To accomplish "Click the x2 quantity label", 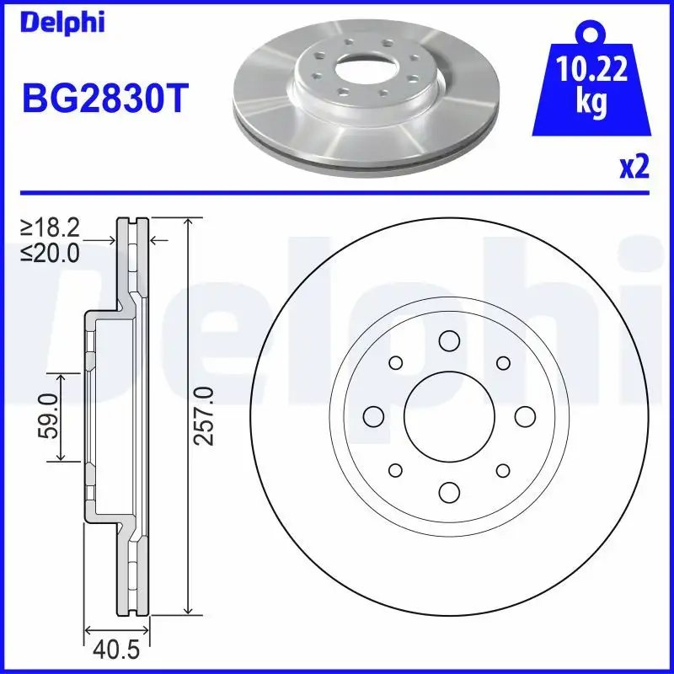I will tap(634, 168).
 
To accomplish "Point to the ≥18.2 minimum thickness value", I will tap(51, 228).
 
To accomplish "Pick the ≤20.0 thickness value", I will tap(51, 251).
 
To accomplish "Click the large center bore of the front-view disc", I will tap(448, 416).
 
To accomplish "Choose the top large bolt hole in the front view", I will tap(448, 340).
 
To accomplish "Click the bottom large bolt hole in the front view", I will tap(448, 492).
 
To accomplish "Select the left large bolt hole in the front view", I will tap(372, 416).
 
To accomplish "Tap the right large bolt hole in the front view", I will tap(524, 416).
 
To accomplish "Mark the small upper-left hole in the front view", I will tap(394, 362).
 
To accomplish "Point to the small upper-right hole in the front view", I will tap(503, 362).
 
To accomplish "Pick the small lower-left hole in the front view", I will tap(394, 470).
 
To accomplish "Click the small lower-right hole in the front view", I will tap(503, 470).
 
